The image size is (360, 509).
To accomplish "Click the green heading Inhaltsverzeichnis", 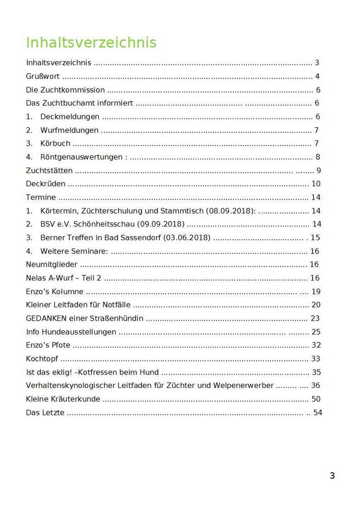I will point(91,43).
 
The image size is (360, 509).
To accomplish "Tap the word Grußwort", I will point(43,77).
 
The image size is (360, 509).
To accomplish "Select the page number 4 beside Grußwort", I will point(317,77).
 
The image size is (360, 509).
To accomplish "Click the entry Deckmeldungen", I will point(70,117).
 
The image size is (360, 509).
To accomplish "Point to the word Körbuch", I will point(56,144).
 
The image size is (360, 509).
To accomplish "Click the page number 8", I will point(317,157).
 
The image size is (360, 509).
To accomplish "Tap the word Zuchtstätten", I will point(49,171).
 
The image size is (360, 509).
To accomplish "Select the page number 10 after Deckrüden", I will point(316,184).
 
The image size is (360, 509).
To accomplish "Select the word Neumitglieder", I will point(52,265).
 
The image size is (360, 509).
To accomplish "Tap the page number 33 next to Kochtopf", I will point(316,359).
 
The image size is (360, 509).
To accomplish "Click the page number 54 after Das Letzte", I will point(318,413).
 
